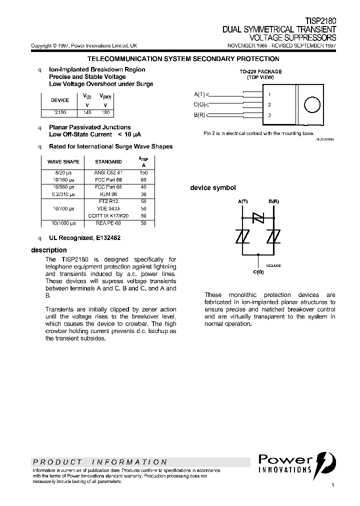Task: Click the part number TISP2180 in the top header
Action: click(320, 21)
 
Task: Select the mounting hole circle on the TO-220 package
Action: click(311, 105)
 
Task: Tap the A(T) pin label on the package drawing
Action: click(199, 94)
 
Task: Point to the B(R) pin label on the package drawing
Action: click(199, 115)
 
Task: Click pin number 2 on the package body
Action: click(269, 105)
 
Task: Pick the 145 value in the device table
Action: click(87, 112)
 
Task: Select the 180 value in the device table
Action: click(105, 112)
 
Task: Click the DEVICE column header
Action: click(60, 100)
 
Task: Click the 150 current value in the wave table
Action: click(144, 172)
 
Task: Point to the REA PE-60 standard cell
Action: click(108, 223)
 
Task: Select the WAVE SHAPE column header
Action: click(63, 161)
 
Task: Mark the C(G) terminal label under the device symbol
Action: click(258, 271)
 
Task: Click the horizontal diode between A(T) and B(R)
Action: click(258, 218)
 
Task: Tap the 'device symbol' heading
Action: click(212, 188)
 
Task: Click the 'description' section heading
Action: click(48, 250)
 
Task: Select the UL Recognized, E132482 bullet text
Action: click(84, 238)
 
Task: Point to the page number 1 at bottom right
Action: click(332, 485)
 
